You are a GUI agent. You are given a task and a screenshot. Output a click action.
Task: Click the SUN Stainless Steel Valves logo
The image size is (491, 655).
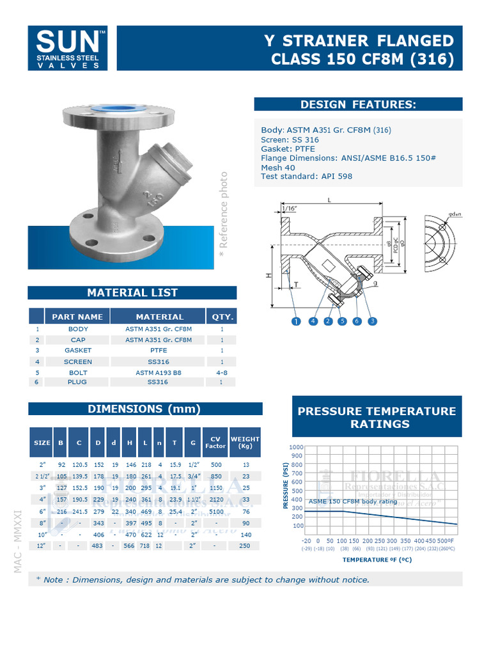pos(72,48)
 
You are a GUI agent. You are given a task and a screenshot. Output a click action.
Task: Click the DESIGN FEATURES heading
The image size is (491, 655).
pos(358,104)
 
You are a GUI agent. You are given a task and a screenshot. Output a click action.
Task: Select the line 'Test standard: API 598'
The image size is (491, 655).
pos(306,177)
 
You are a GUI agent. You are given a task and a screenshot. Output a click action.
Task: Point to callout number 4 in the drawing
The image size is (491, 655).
pos(313,322)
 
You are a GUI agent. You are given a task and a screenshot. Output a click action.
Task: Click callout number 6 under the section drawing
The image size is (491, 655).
pos(357,322)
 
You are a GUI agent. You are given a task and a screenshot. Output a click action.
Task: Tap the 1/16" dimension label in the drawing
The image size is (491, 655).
pos(289,208)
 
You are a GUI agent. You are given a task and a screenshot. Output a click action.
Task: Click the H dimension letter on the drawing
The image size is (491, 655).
pos(268,275)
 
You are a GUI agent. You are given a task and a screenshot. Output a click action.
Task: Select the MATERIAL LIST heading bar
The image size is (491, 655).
pos(132,293)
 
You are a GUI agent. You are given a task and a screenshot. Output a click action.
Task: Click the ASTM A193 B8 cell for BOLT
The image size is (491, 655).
pos(159,372)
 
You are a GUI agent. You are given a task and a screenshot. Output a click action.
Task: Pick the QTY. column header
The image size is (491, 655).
pos(221,317)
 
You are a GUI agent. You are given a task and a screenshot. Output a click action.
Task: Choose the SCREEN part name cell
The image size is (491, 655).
pos(77,361)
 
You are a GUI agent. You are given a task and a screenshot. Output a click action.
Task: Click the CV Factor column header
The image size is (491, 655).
pos(215,442)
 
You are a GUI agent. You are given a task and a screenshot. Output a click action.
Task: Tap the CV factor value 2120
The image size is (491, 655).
pos(215,499)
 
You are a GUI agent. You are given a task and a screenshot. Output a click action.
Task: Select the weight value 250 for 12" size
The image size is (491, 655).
pos(245,546)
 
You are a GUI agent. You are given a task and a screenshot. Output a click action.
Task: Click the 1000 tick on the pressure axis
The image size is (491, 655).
pos(296,447)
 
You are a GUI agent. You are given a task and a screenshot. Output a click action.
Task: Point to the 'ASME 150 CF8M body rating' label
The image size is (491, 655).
pos(353,501)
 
